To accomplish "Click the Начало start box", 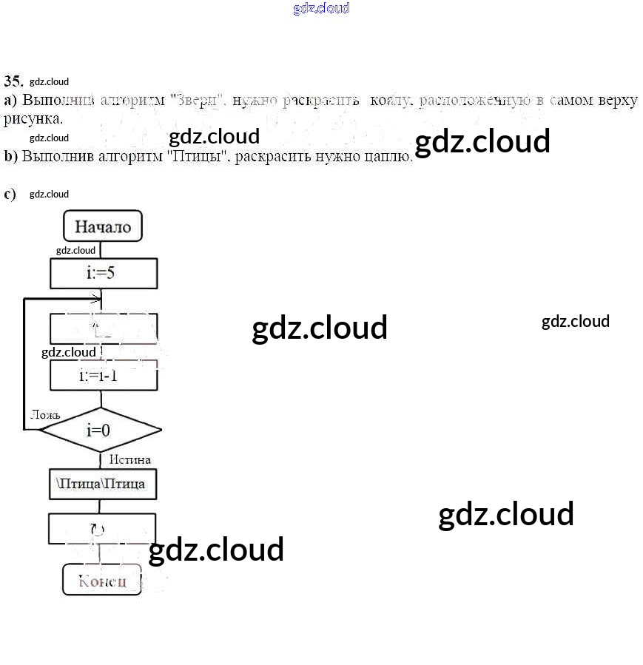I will [103, 226].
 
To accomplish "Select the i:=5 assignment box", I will [103, 272].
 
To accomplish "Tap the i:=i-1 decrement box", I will [103, 375].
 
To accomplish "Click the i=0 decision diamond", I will [99, 429].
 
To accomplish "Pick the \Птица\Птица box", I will [102, 484].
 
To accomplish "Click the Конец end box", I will [102, 581].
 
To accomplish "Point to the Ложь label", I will [45, 414].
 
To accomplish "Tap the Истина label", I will [130, 459].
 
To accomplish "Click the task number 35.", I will [13, 81].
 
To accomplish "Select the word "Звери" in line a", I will [197, 101].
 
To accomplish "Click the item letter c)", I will [10, 194].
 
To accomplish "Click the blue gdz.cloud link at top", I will [321, 8].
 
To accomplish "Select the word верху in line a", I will [616, 101].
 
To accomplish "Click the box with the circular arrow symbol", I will [101, 529].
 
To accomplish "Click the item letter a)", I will [10, 101].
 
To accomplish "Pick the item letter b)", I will [10, 156].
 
